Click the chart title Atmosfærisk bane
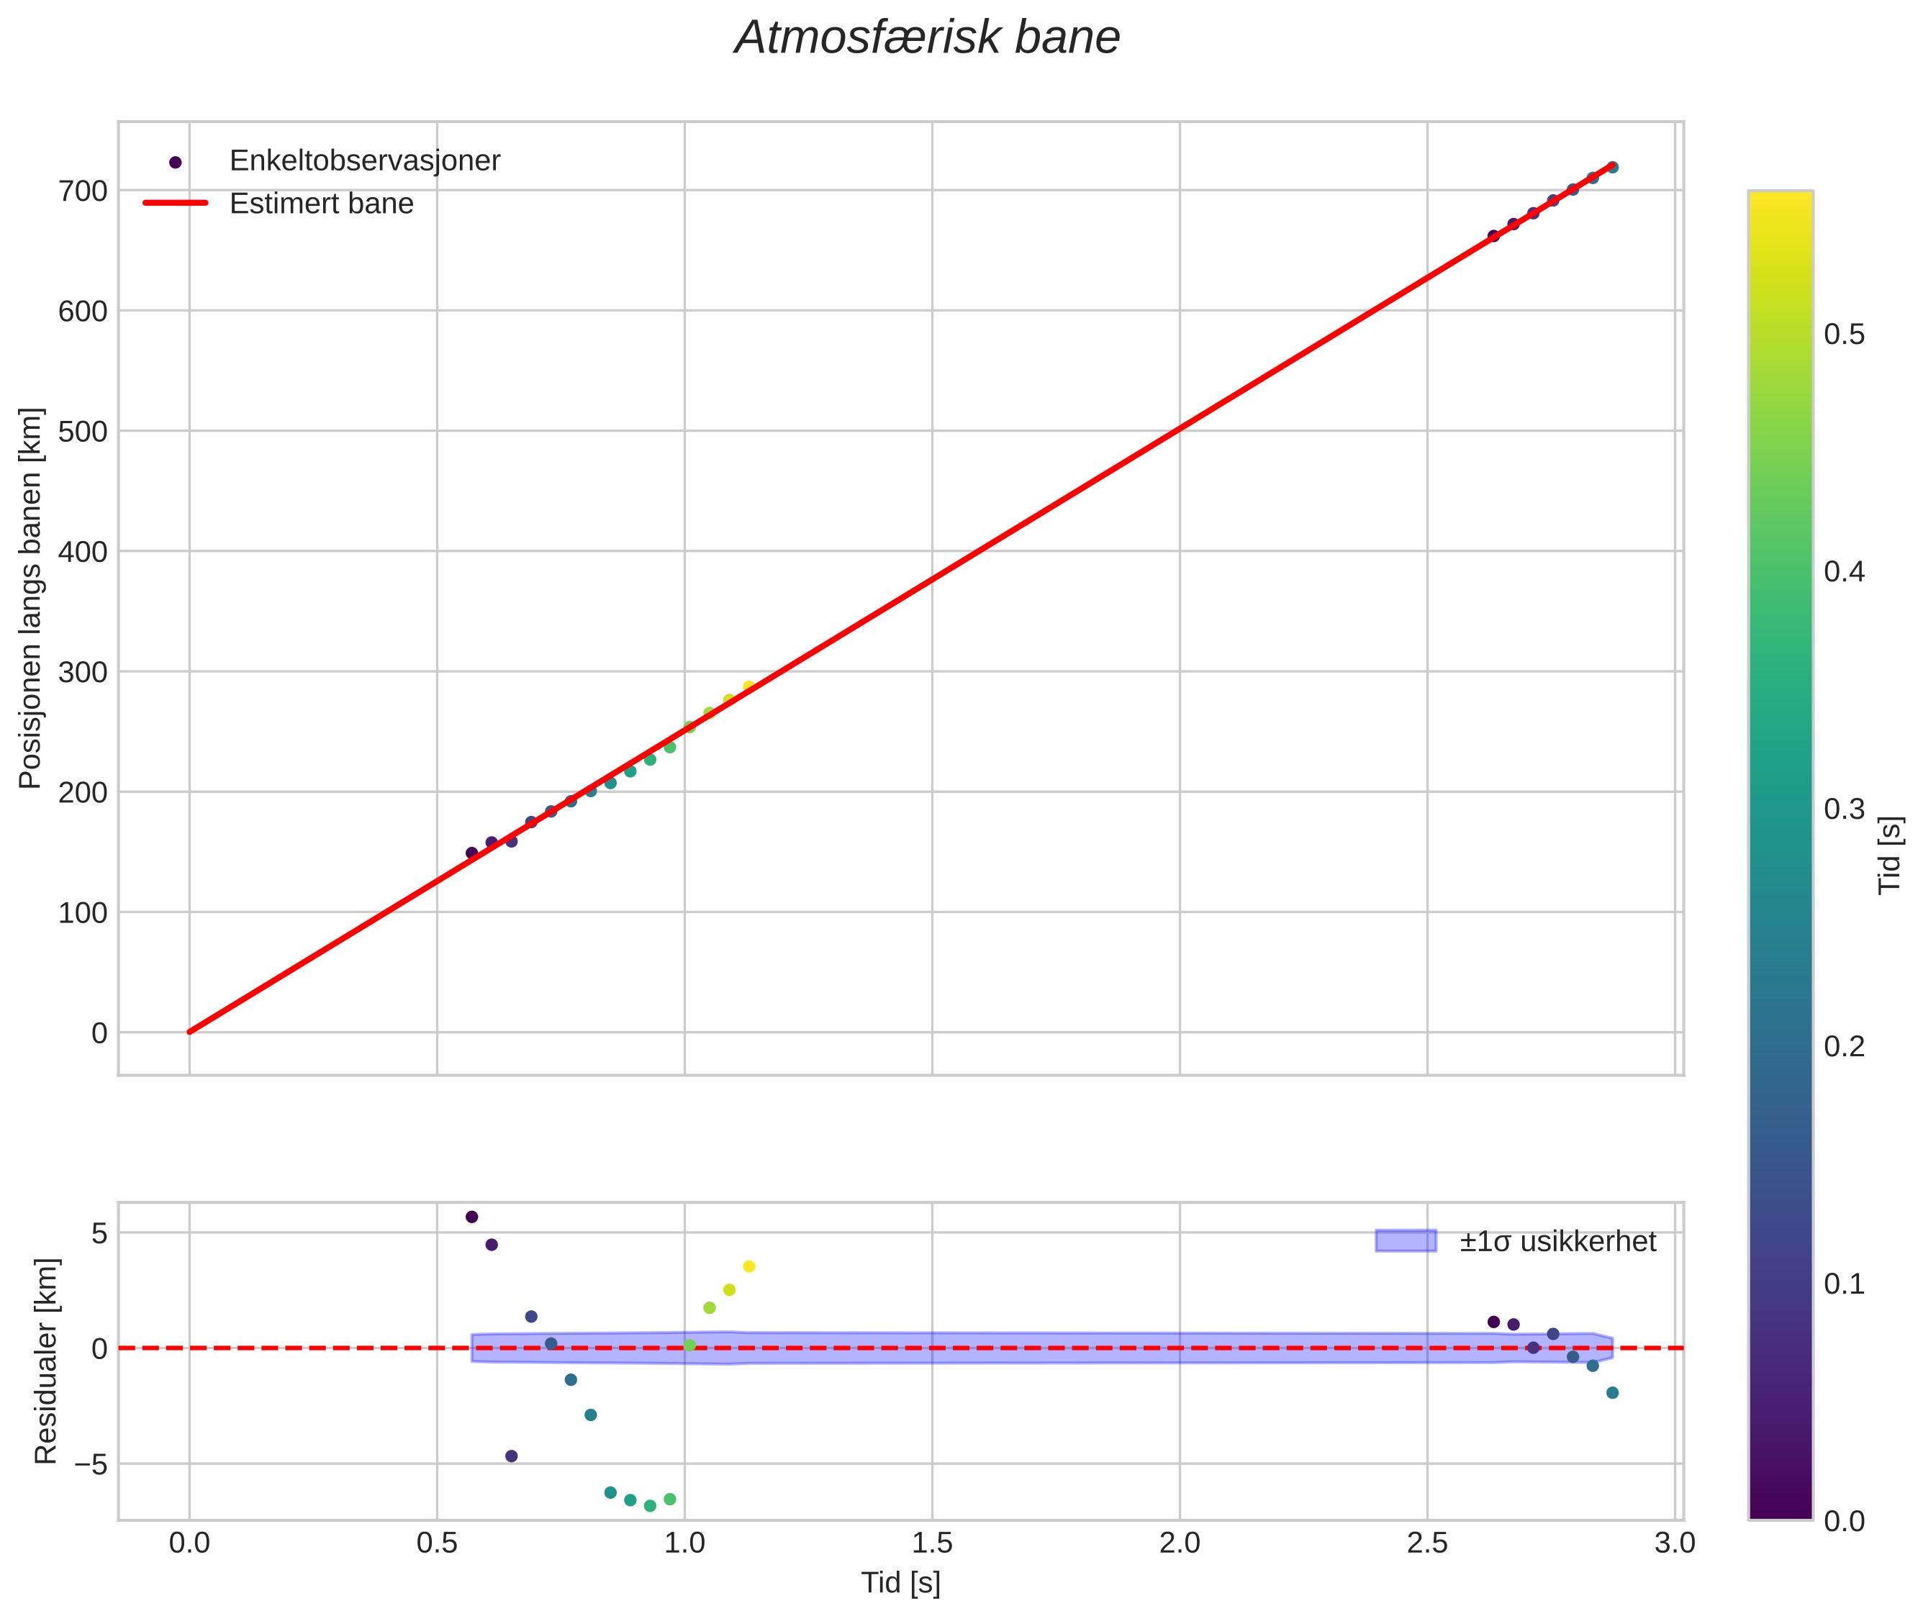926,38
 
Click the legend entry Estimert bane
321,204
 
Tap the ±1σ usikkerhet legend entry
1557,1241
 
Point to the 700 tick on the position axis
83,191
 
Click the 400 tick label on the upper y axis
83,551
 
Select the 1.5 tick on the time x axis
932,1543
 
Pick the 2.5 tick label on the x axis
1426,1543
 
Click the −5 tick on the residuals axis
88,1464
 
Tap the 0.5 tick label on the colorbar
1843,335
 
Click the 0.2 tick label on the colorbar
1843,1046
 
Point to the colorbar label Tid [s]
1889,855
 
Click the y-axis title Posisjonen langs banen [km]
30,598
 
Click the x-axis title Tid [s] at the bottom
900,1583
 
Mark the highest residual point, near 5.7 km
472,1217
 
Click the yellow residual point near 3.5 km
748,1266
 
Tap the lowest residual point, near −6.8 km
650,1505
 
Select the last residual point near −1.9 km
1612,1392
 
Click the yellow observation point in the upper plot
748,686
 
